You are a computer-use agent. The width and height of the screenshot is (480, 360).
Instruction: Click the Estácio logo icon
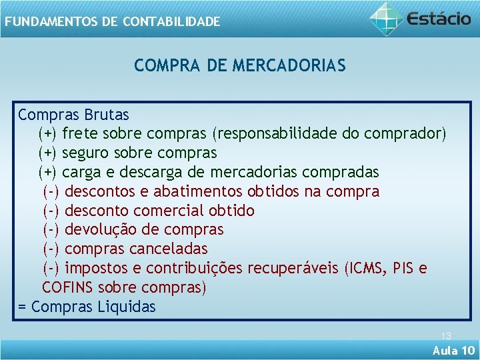[387, 18]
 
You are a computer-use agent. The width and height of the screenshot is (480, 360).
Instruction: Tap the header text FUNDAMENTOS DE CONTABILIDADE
[111, 22]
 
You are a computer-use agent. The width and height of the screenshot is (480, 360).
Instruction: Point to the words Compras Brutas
[73, 115]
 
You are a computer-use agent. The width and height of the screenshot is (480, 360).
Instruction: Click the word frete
[80, 134]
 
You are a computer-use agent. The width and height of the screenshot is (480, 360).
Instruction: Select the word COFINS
[68, 288]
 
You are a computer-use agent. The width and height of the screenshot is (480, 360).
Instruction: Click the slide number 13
[446, 337]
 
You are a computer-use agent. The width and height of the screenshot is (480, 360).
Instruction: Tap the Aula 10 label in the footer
[453, 351]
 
